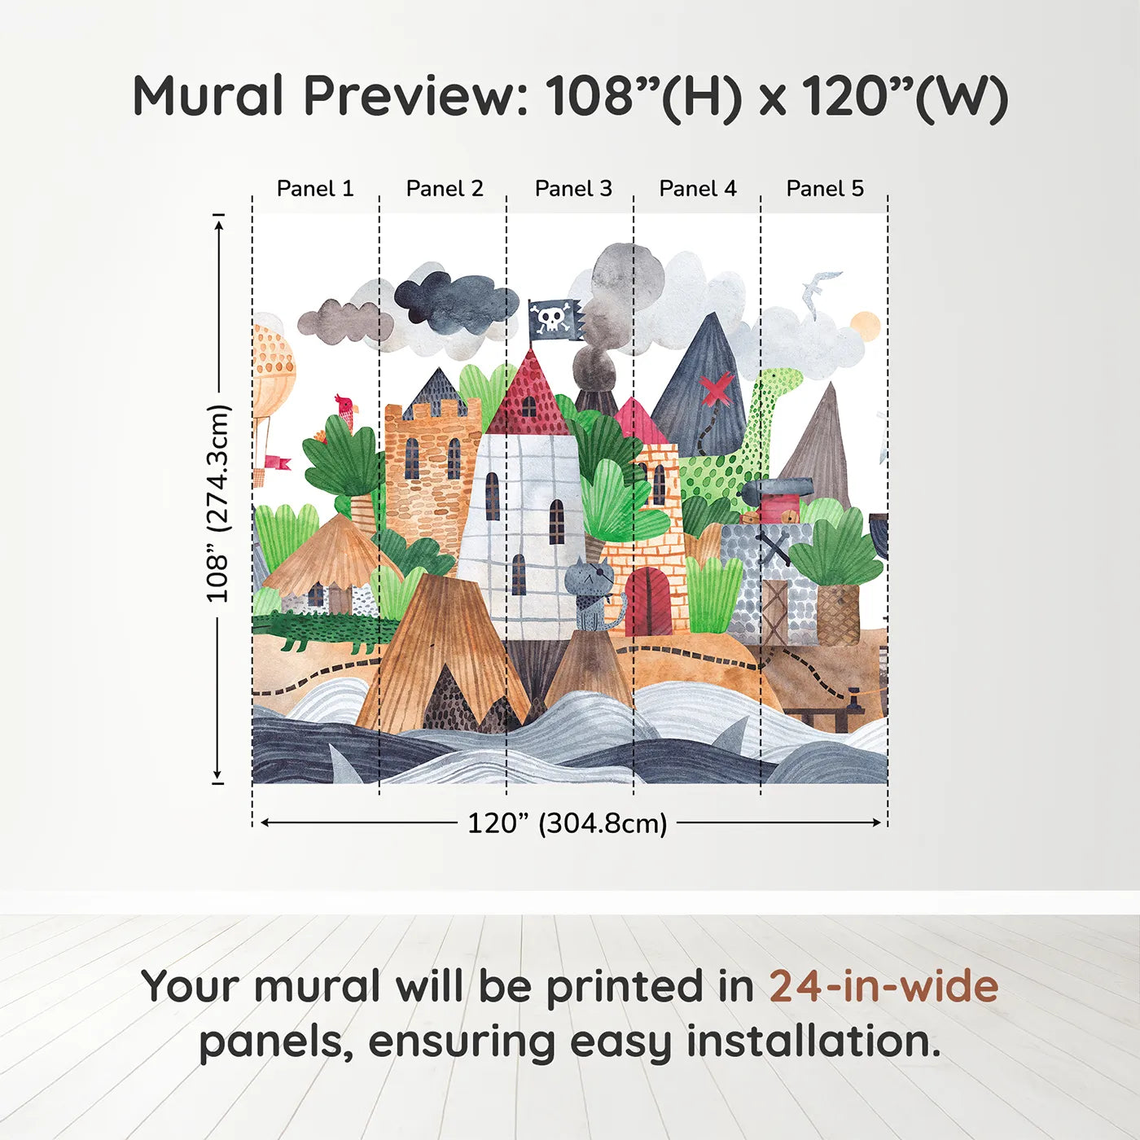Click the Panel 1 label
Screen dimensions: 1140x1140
coord(315,189)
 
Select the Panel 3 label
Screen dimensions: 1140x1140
coord(573,189)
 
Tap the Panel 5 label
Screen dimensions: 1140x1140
coord(825,189)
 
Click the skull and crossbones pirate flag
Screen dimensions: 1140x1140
coord(555,319)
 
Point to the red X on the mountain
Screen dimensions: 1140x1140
coord(717,390)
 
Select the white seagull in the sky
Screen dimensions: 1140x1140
coord(821,290)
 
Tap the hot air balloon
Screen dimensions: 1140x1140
coord(272,375)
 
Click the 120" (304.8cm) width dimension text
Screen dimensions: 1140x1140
coord(567,823)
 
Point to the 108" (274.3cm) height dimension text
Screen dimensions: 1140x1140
coord(218,503)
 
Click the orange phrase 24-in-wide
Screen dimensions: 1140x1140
coord(883,986)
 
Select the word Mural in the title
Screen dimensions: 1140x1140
coord(208,96)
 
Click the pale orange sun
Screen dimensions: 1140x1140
coord(865,327)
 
